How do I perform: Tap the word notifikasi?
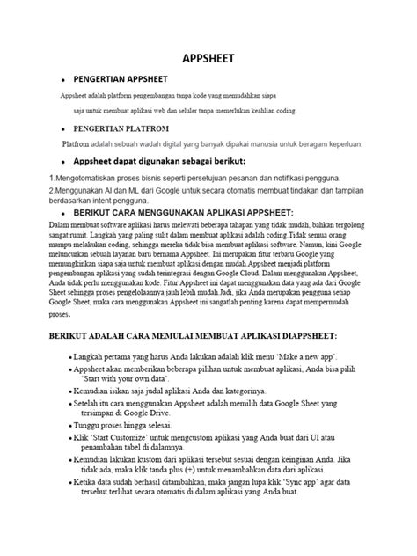(283, 178)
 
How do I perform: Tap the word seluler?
(179, 111)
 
